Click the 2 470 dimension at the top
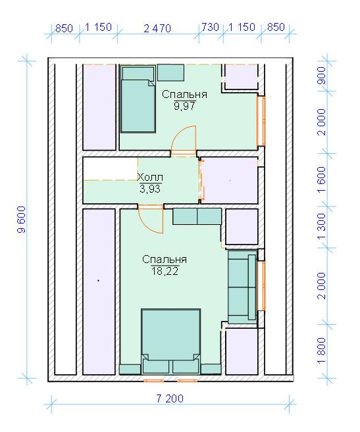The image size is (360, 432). pos(157,28)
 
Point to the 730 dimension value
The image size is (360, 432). pos(210,27)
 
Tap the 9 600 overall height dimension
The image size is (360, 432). pos(21,220)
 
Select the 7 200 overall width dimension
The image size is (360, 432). pos(170,398)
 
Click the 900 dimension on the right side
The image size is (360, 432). pos(322,76)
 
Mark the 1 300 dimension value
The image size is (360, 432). pos(322,226)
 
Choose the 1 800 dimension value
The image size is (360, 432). pos(322,350)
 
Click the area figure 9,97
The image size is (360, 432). pos(184,105)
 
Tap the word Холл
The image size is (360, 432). pos(150,177)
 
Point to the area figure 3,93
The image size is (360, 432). pos(150,189)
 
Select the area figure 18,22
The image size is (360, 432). pos(165,271)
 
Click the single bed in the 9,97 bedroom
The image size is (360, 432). pos(138,99)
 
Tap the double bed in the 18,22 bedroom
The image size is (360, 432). pos(170,341)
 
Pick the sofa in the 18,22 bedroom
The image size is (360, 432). pos(242,286)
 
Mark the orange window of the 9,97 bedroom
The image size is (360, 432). pos(261,121)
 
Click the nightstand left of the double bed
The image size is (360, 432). pos(130,369)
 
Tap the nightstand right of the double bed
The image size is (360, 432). pos(211,369)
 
